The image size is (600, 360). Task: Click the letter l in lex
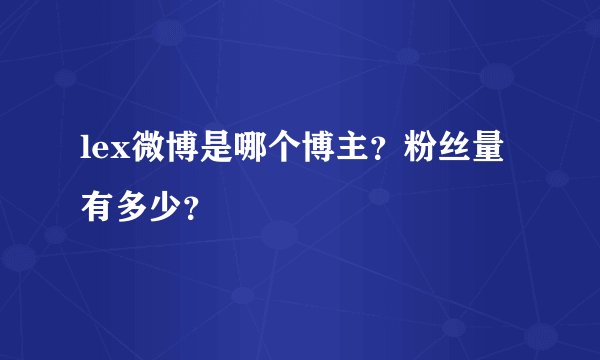pos(84,153)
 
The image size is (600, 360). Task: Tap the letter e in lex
pos(96,155)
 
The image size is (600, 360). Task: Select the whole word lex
pos(99,154)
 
